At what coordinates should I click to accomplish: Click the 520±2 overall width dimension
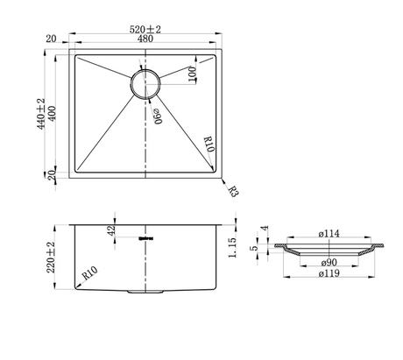145,30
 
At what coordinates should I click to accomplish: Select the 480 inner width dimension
145,39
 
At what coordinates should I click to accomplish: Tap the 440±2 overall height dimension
41,114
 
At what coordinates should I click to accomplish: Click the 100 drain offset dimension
192,74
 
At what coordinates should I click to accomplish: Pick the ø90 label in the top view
158,116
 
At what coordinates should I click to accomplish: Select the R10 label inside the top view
209,144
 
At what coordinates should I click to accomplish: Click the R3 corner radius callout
233,192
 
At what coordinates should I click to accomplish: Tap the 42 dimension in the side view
111,230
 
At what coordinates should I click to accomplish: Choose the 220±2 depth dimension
51,257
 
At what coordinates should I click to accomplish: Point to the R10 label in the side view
89,273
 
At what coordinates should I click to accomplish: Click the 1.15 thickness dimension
232,248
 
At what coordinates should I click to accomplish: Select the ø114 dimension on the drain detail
329,234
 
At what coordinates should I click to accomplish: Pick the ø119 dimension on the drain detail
329,273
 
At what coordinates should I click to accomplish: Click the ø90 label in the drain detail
329,263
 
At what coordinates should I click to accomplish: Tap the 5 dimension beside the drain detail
254,248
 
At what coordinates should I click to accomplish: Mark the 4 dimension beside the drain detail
265,228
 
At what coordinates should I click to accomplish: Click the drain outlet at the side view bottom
145,292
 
